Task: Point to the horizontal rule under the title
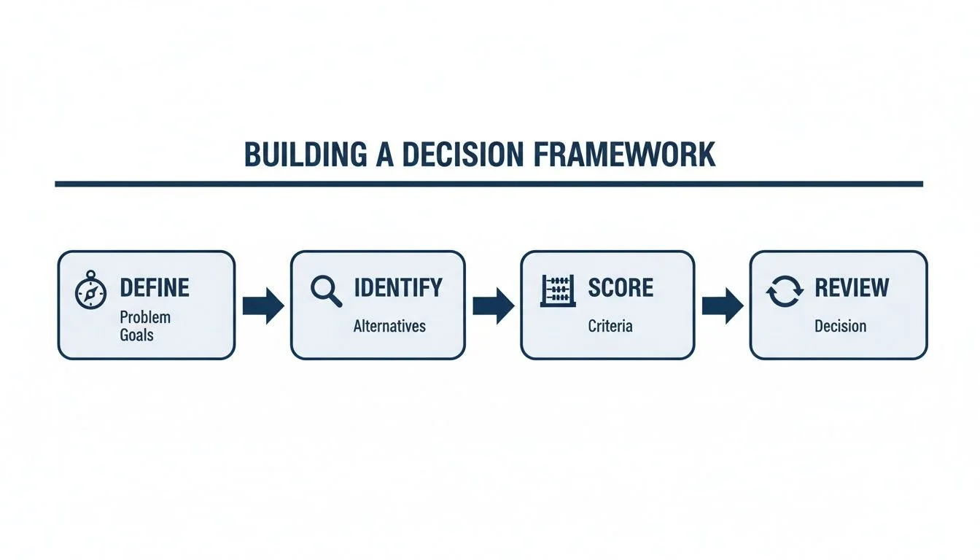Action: pyautogui.click(x=489, y=184)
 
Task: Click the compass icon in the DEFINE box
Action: pyautogui.click(x=91, y=292)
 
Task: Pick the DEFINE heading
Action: pyautogui.click(x=154, y=288)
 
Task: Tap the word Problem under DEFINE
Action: pyautogui.click(x=145, y=317)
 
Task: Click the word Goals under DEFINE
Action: pyautogui.click(x=137, y=335)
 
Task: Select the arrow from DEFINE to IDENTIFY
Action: pyautogui.click(x=262, y=306)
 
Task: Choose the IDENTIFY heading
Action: pyautogui.click(x=397, y=288)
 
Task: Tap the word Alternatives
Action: pyautogui.click(x=389, y=326)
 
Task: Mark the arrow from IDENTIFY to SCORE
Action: pyautogui.click(x=493, y=306)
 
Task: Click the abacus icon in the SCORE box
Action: pyautogui.click(x=558, y=291)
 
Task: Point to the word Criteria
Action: pyautogui.click(x=610, y=326)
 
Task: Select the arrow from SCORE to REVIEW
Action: pyautogui.click(x=722, y=306)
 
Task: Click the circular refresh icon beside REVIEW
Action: pyautogui.click(x=784, y=292)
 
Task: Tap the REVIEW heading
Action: pyautogui.click(x=852, y=288)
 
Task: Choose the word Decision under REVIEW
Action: pyautogui.click(x=840, y=326)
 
